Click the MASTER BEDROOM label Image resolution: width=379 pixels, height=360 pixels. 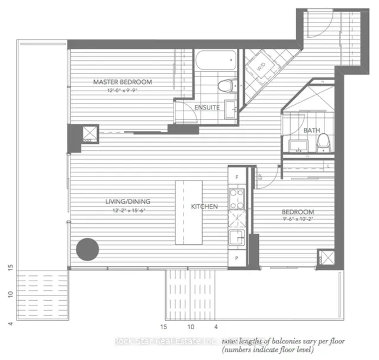[122, 82]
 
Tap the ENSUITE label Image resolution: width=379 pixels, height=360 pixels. [207, 107]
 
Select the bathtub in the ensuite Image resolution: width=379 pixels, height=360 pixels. [216, 61]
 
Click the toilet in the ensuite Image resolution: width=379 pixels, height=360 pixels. [224, 86]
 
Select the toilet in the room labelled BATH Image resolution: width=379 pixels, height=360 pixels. [323, 141]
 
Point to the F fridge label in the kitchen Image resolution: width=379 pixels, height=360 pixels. [237, 177]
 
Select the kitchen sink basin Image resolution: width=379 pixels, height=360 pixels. [237, 239]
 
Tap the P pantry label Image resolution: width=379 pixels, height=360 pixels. [237, 258]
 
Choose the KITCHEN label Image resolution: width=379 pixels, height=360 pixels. [204, 207]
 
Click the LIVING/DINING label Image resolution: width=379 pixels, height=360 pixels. [121, 202]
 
